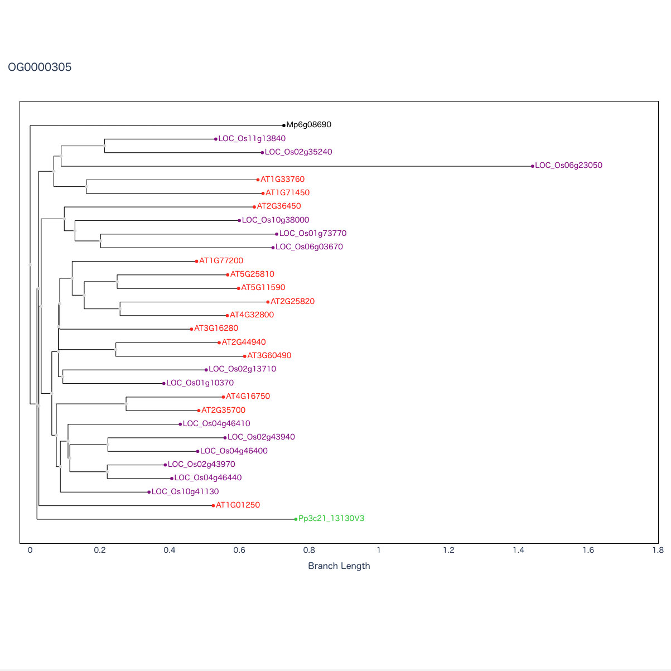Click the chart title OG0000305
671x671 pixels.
[40, 67]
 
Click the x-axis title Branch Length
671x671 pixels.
[339, 566]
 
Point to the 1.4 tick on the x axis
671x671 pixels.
[518, 550]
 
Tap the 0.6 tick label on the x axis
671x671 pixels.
[239, 550]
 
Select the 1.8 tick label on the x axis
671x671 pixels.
[658, 550]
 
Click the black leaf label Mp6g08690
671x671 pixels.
[308, 125]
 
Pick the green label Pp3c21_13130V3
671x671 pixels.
[331, 519]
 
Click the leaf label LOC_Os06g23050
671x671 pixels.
[568, 166]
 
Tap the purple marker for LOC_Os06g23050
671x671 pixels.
[533, 166]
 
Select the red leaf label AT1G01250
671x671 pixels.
[238, 505]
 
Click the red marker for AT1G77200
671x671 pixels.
[196, 261]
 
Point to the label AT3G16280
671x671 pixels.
[216, 329]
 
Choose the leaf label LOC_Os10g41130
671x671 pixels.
[185, 492]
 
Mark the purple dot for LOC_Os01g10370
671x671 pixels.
[164, 383]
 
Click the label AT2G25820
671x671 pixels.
[292, 302]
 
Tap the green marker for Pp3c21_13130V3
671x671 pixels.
[296, 519]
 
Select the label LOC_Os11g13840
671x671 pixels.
[252, 139]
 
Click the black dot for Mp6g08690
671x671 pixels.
[284, 125]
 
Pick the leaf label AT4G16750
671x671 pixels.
[248, 397]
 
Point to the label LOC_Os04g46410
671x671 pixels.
[216, 424]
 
